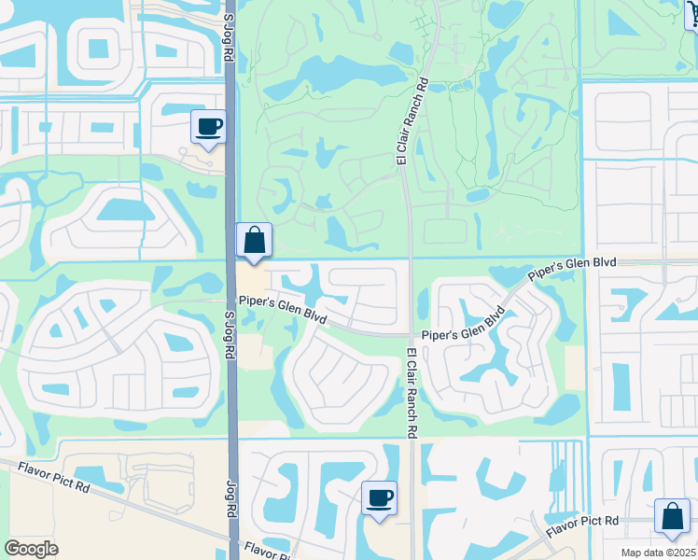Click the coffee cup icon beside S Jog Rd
[208, 126]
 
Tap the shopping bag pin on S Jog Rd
[254, 241]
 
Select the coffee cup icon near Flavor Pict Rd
[379, 497]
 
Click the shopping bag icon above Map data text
[672, 516]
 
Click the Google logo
[32, 549]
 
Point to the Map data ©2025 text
[659, 553]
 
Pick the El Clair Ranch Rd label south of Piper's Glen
[410, 392]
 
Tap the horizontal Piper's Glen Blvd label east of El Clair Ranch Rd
[457, 334]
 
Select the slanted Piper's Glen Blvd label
[573, 273]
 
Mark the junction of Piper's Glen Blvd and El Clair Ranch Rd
[410, 334]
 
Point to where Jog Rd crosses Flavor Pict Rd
[233, 539]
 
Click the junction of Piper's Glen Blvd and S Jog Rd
[233, 299]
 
